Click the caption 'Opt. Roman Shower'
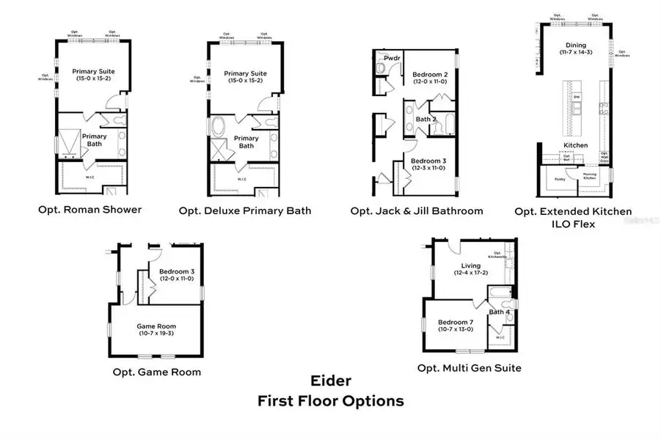[90, 210]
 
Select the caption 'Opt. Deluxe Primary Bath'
[245, 211]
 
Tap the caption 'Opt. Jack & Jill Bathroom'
[417, 211]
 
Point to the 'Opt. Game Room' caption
[156, 372]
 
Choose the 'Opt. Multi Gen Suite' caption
[470, 367]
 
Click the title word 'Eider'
[330, 381]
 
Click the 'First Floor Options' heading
[330, 401]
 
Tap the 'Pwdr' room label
[382, 56]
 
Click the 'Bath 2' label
[426, 119]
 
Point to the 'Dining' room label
[576, 44]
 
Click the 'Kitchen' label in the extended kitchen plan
[575, 145]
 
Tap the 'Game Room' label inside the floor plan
[156, 326]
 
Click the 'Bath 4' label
[499, 312]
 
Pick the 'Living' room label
[470, 265]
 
